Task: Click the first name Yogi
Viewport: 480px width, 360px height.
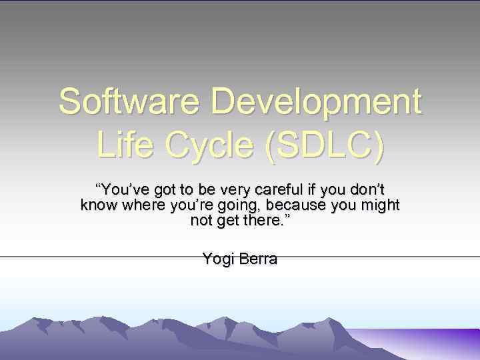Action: pos(217,259)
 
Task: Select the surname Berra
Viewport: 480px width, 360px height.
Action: pos(257,259)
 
